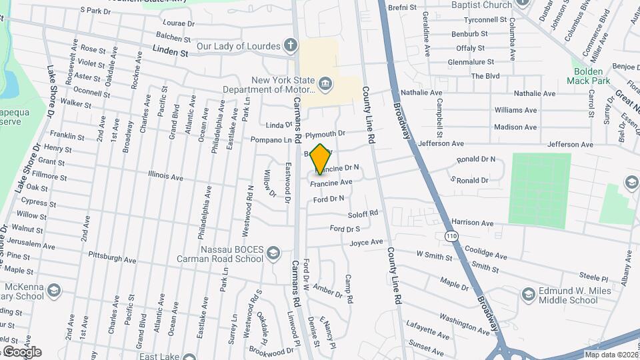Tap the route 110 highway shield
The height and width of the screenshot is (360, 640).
click(x=452, y=236)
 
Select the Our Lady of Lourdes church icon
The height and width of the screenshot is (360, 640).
click(x=290, y=46)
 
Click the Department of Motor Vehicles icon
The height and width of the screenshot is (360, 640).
click(x=325, y=83)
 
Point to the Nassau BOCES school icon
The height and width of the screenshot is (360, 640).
click(x=273, y=253)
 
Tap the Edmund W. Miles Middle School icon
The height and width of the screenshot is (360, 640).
click(x=528, y=295)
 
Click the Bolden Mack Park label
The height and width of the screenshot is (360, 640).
click(x=589, y=75)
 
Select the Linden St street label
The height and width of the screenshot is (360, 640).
click(x=171, y=50)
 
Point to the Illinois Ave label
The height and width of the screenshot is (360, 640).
click(x=165, y=177)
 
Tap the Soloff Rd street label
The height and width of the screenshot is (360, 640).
click(x=363, y=214)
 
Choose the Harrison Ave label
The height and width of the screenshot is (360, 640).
click(x=471, y=223)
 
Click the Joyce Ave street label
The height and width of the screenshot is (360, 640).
click(x=367, y=243)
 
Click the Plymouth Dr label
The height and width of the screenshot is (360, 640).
click(x=325, y=133)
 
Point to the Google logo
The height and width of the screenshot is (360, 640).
click(x=21, y=352)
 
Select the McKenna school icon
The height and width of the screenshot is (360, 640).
click(x=54, y=291)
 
